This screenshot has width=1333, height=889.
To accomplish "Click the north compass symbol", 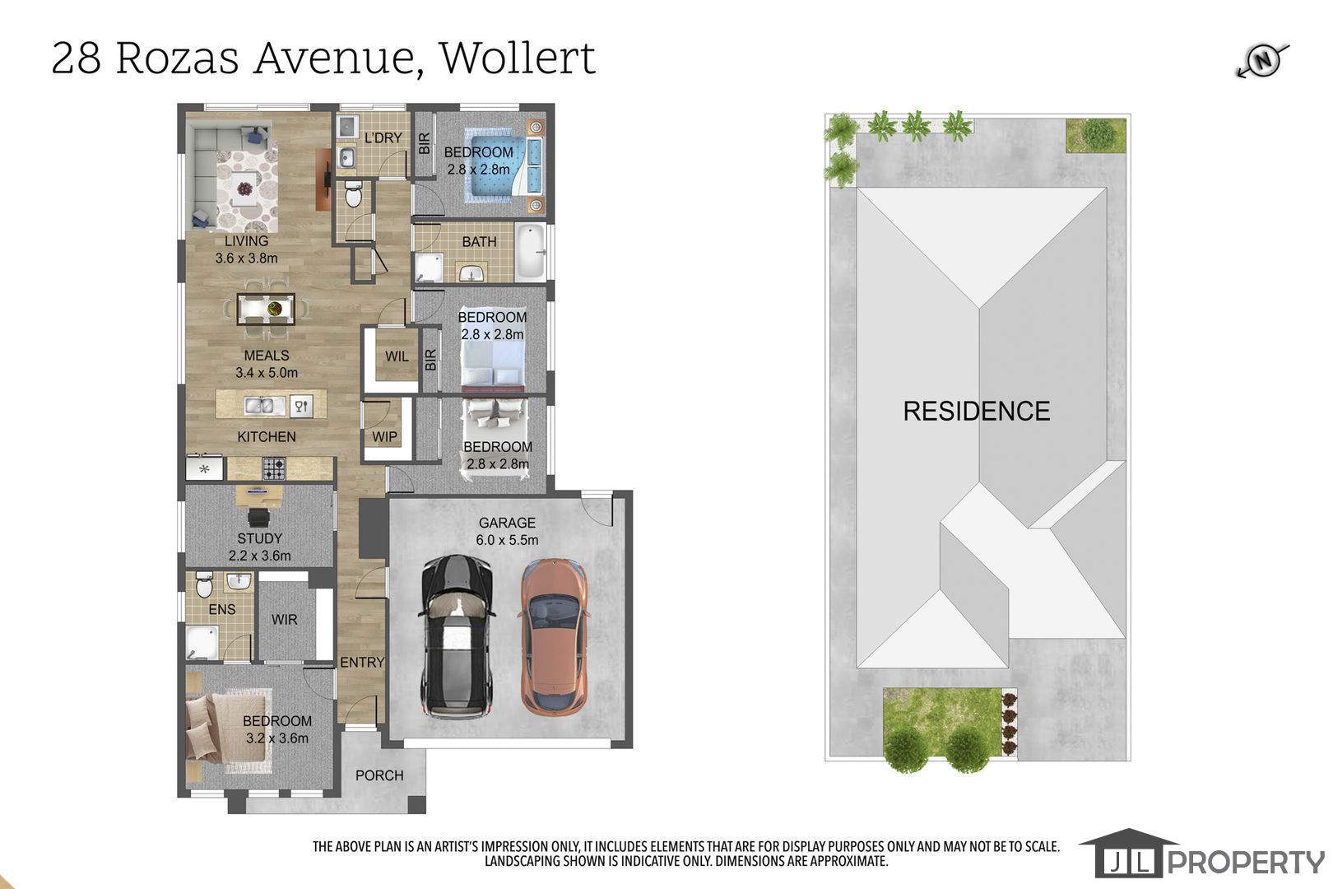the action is [x=1263, y=61].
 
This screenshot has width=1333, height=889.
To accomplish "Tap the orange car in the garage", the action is [x=554, y=635].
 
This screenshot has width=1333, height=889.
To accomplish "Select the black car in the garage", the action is [x=457, y=635].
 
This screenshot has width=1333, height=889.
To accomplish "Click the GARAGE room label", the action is [x=507, y=523].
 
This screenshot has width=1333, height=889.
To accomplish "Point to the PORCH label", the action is [x=379, y=775].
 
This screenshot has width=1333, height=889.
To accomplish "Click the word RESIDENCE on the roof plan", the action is [x=977, y=412].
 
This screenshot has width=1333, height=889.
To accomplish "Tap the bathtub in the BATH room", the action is [x=530, y=252].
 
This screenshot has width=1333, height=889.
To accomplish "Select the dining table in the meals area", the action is [x=266, y=309].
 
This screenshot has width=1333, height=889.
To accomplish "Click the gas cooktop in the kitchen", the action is [x=274, y=468].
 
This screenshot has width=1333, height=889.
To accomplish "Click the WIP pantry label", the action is [x=384, y=436].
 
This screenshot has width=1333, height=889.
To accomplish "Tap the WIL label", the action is [x=397, y=356].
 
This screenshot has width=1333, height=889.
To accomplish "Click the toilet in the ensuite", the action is [x=204, y=584].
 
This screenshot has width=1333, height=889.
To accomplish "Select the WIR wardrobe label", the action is [x=284, y=619].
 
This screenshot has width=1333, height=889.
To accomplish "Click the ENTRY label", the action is [x=362, y=662].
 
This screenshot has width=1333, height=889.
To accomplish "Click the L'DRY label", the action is [x=383, y=138].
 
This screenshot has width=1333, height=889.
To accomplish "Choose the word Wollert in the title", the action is [x=517, y=58].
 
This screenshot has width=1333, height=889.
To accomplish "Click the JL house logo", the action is [x=1128, y=854].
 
